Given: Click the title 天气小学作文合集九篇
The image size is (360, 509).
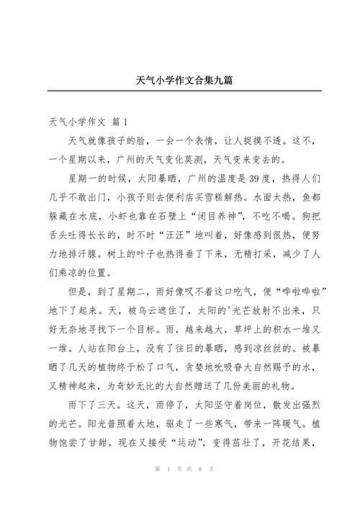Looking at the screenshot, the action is click(179, 79).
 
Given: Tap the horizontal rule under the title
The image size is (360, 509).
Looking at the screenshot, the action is click(180, 91).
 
